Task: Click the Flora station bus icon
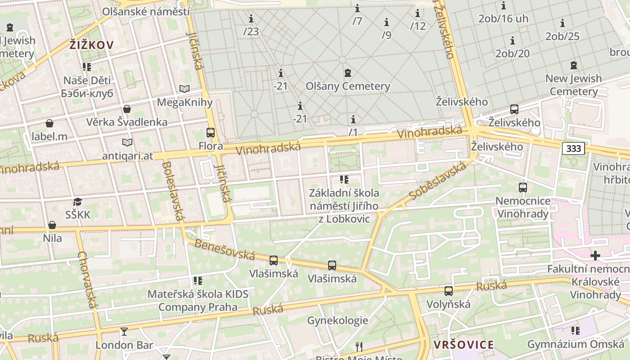(x=210, y=133)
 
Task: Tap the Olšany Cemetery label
(x=347, y=86)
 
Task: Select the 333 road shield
(x=573, y=148)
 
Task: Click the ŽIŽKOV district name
(x=91, y=45)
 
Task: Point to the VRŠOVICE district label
(x=463, y=345)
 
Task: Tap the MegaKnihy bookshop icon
(x=184, y=89)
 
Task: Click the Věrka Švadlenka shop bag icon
(x=127, y=109)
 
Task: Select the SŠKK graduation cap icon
(x=78, y=202)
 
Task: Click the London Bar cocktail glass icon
(x=124, y=332)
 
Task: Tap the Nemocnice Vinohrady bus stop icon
(x=523, y=188)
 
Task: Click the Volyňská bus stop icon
(x=449, y=291)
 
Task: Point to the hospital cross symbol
(x=595, y=256)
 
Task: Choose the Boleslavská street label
(x=172, y=191)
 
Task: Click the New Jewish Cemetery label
(x=573, y=85)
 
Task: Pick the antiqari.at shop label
(x=128, y=156)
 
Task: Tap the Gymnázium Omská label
(x=576, y=344)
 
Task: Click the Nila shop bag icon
(x=52, y=225)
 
